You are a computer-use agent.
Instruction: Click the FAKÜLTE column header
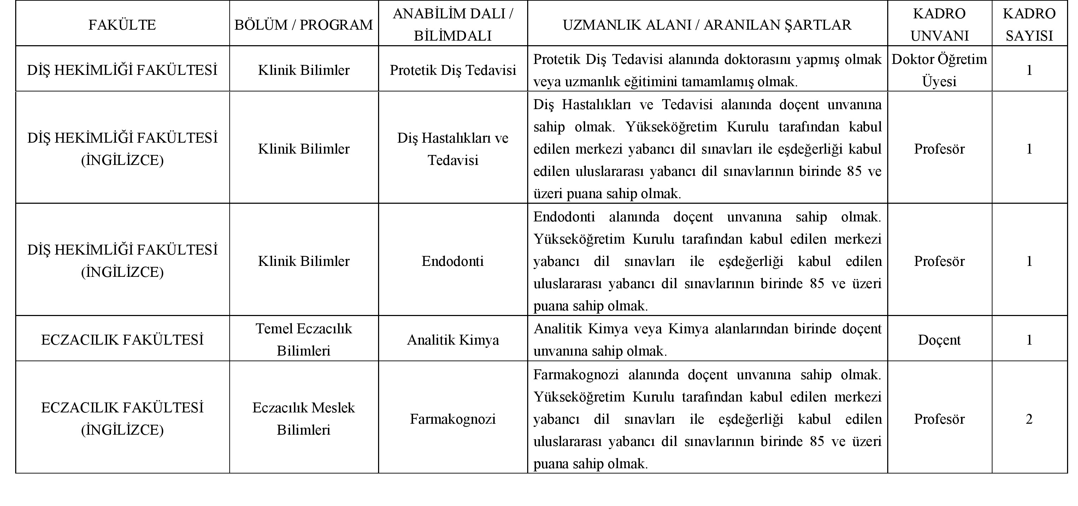[x=122, y=25]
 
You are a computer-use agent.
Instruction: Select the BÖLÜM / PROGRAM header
[x=304, y=25]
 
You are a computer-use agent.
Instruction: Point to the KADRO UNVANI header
[x=939, y=25]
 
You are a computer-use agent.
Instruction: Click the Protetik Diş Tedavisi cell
[x=453, y=70]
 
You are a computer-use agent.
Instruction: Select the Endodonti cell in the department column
[x=453, y=261]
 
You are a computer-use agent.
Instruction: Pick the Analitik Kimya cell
[x=453, y=340]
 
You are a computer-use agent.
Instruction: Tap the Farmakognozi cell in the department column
[x=453, y=418]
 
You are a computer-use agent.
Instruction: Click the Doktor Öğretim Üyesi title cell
[x=939, y=70]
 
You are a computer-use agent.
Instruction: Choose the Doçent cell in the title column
[x=939, y=340]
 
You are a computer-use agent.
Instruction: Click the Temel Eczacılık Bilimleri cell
[x=304, y=340]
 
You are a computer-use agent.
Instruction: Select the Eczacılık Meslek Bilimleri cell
[x=304, y=418]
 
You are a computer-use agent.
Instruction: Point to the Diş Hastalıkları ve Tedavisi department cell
[x=453, y=149]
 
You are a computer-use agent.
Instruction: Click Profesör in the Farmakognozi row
[x=939, y=418]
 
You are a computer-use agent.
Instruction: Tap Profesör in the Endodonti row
[x=939, y=261]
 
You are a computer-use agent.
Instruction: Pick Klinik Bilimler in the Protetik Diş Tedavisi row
[x=304, y=70]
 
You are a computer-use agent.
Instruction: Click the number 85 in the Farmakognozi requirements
[x=817, y=441]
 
